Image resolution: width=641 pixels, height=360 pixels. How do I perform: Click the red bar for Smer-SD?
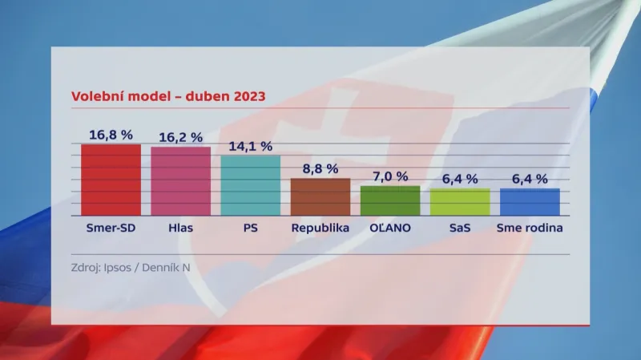[x=111, y=180]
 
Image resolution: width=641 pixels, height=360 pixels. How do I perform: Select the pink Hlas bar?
[x=180, y=181]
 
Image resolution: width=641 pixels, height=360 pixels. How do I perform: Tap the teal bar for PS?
[x=250, y=185]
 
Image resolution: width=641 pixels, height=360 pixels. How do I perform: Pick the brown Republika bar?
[x=320, y=196]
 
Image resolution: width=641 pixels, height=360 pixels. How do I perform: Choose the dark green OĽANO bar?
[x=389, y=200]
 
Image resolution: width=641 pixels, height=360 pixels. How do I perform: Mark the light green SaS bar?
[x=459, y=202]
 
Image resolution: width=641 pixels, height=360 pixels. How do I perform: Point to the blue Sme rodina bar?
[x=530, y=202]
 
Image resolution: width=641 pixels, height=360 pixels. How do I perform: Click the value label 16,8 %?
[x=111, y=135]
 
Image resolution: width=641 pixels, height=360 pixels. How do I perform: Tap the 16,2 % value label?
[x=180, y=137]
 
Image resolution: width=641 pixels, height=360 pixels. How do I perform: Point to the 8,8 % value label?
[x=320, y=168]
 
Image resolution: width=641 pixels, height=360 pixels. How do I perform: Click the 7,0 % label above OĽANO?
[x=389, y=176]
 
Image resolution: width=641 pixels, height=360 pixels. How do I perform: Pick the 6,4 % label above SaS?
[x=459, y=178]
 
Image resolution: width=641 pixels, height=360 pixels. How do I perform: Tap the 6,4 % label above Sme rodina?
[x=530, y=178]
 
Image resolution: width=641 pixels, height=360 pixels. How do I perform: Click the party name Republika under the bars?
[x=320, y=228]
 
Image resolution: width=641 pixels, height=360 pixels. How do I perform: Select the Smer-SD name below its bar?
[x=111, y=228]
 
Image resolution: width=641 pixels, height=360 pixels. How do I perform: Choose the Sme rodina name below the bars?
[x=530, y=228]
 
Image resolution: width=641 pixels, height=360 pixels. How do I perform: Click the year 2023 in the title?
[x=246, y=96]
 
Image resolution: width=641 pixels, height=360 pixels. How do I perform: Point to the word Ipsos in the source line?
[x=119, y=267]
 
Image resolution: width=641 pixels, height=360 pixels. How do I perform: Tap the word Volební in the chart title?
[x=99, y=96]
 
